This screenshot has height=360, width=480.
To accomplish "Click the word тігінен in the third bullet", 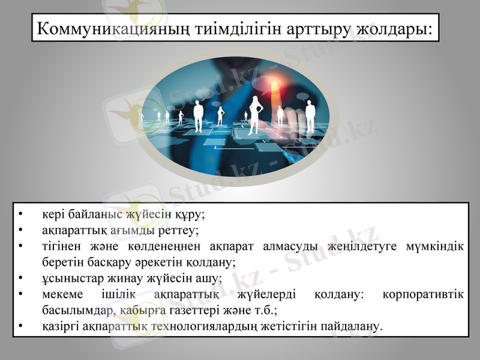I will (60, 246).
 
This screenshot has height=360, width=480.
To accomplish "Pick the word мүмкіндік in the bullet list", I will (437, 246).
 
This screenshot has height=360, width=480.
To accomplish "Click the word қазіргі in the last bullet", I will (59, 327).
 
